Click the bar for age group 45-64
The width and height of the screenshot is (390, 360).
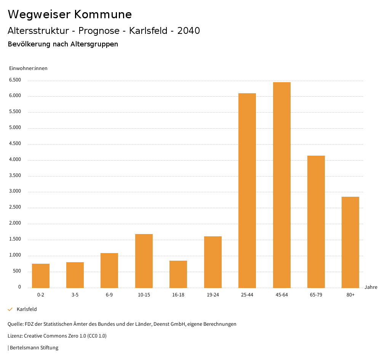pyautogui.click(x=281, y=185)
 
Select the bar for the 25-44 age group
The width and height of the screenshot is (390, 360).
pyautogui.click(x=247, y=190)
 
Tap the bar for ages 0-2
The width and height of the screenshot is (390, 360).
pyautogui.click(x=41, y=276)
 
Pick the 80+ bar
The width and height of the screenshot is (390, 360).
pyautogui.click(x=350, y=242)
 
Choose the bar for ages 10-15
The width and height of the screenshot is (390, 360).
pyautogui.click(x=144, y=261)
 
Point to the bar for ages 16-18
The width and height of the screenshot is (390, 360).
pyautogui.click(x=178, y=274)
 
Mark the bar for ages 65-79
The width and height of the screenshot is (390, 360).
pyautogui.click(x=316, y=221)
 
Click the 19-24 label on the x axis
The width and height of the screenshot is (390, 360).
pyautogui.click(x=213, y=295)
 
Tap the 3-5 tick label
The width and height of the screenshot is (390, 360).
pyautogui.click(x=75, y=295)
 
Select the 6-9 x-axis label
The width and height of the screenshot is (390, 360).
pyautogui.click(x=109, y=295)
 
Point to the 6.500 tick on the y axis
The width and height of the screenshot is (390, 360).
pyautogui.click(x=15, y=80)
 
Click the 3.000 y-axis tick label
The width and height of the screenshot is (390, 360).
pyautogui.click(x=15, y=191)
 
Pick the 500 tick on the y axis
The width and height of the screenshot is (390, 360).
pyautogui.click(x=17, y=271)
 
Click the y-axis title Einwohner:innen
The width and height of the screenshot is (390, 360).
pyautogui.click(x=28, y=68)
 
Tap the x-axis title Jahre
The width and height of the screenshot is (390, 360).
pyautogui.click(x=371, y=287)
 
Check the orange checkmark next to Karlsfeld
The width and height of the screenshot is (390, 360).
pyautogui.click(x=10, y=309)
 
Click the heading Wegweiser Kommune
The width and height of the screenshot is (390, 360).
pyautogui.click(x=70, y=14)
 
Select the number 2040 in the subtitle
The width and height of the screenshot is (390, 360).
pyautogui.click(x=189, y=31)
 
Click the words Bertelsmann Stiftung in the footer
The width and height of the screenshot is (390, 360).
pyautogui.click(x=34, y=347)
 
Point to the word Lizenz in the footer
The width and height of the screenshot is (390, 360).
pyautogui.click(x=15, y=336)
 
